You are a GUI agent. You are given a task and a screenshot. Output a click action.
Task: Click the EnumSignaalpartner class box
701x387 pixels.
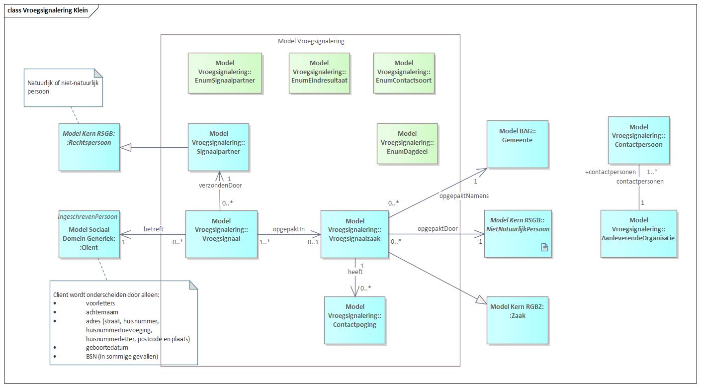tap(225, 73)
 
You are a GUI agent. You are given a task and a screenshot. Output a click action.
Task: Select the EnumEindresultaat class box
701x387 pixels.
tap(319, 73)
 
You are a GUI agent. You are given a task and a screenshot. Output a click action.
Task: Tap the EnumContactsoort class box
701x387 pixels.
tap(404, 73)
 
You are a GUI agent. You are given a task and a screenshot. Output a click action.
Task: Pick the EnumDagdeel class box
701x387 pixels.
tap(407, 143)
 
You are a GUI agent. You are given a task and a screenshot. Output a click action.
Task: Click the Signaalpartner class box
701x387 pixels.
tap(218, 147)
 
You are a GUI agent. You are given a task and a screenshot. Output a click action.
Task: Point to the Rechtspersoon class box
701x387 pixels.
tap(89, 147)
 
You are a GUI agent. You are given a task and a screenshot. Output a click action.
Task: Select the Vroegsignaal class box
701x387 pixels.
tap(221, 234)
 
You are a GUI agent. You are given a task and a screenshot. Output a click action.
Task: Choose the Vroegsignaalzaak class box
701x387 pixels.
tap(354, 234)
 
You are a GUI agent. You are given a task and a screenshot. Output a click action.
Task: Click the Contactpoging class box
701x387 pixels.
tap(354, 320)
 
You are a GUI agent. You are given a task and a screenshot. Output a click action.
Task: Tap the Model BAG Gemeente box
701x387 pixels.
tap(517, 144)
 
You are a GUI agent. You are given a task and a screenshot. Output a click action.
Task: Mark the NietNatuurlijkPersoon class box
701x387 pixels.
tap(519, 234)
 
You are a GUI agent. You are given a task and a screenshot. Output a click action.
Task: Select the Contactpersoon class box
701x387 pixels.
tap(638, 140)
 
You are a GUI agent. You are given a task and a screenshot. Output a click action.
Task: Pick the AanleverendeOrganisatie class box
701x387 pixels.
tap(638, 233)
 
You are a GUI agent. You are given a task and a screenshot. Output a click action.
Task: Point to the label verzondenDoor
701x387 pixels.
tap(220, 186)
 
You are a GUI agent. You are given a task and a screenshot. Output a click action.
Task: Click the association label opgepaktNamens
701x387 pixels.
tap(464, 195)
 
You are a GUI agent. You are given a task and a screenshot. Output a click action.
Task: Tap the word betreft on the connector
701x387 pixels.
tap(153, 229)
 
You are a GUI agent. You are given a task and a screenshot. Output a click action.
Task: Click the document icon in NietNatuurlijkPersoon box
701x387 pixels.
tap(544, 247)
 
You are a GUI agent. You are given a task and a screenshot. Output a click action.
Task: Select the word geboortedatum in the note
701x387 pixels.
tap(107, 347)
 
